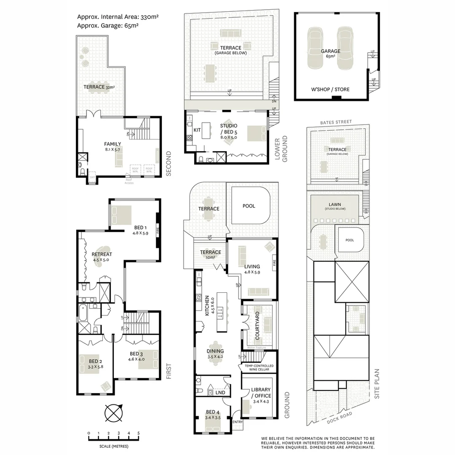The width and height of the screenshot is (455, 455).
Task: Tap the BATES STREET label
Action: [x=335, y=122]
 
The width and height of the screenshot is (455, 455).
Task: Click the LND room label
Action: [x=220, y=393]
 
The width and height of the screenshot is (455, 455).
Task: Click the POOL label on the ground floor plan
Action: [x=249, y=206]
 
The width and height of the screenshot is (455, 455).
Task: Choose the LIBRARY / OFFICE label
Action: [x=261, y=393]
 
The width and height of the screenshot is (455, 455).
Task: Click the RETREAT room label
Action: [x=102, y=254]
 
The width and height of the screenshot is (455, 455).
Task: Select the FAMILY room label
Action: [x=112, y=144]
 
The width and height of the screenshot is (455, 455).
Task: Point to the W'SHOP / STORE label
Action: [x=330, y=89]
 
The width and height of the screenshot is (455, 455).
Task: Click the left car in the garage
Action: [x=314, y=48]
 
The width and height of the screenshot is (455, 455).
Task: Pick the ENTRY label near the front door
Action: [x=238, y=422]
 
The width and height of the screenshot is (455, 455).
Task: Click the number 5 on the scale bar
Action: [x=138, y=433]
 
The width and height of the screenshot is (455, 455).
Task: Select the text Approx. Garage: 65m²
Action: [x=108, y=25]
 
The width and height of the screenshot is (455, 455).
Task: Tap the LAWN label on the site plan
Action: [x=335, y=204]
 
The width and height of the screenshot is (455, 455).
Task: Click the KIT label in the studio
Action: [x=197, y=130]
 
